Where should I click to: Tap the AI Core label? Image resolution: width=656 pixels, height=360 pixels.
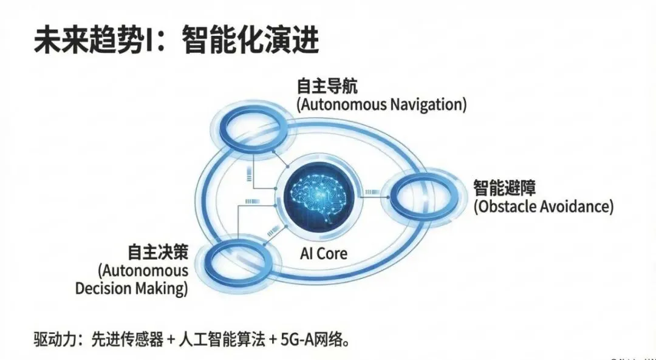324,253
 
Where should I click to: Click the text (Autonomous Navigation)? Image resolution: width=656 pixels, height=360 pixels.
381,104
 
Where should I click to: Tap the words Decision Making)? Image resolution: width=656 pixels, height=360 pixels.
131,288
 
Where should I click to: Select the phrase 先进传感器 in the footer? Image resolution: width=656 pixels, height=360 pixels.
128,339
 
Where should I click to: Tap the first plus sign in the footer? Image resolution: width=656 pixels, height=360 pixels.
171,339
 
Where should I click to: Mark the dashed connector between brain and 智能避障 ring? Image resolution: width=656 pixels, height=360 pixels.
369,194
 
